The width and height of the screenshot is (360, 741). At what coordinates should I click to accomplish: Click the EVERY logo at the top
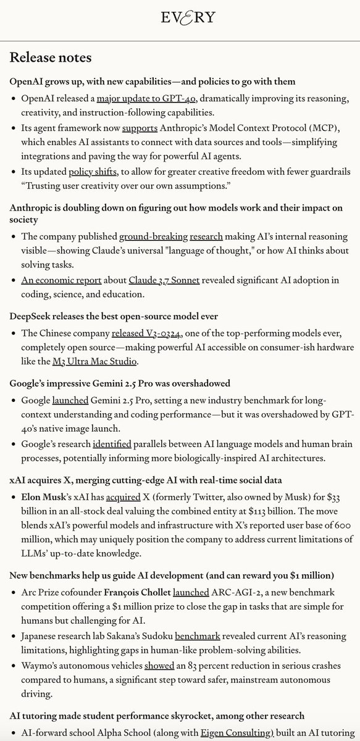tap(180, 17)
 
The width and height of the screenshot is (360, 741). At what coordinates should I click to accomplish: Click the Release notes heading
tap(51, 58)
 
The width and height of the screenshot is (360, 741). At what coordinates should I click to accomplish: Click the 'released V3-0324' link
tap(146, 334)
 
